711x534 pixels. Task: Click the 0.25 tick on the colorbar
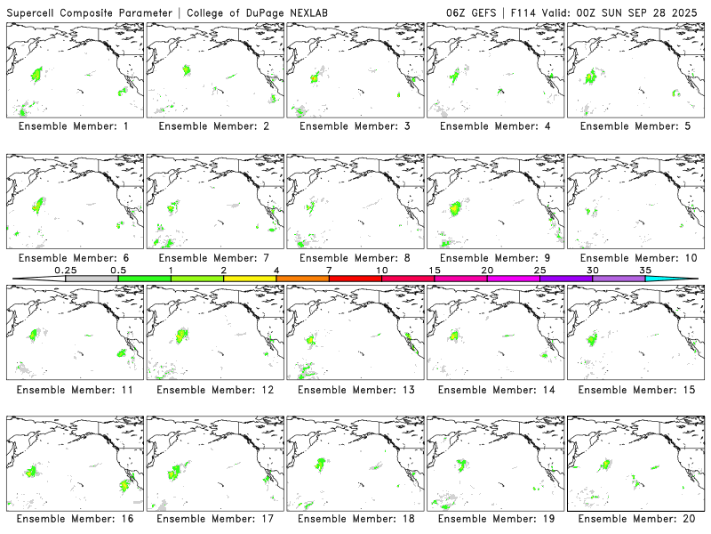(66, 270)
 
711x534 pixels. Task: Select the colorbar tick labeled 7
(329, 270)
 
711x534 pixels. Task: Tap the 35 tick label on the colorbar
(645, 270)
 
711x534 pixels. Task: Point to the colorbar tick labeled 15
(435, 270)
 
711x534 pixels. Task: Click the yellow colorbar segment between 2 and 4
(250, 279)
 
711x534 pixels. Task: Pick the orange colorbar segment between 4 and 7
(302, 279)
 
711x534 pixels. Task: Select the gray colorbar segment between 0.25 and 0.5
(92, 279)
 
